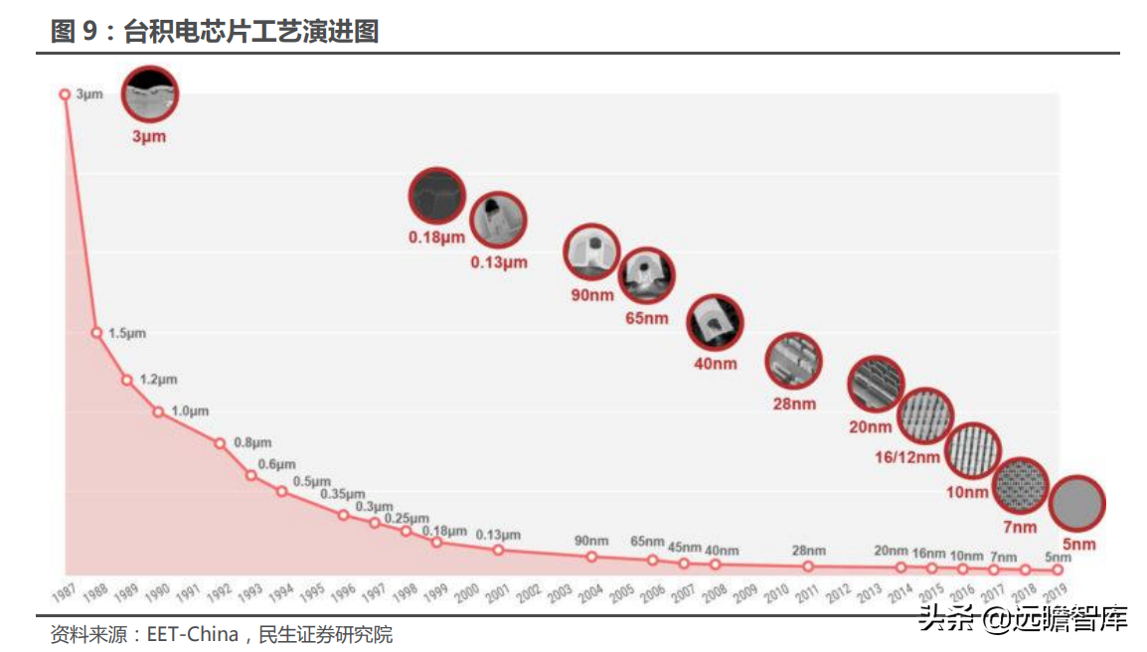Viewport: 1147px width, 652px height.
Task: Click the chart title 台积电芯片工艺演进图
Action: coord(250,32)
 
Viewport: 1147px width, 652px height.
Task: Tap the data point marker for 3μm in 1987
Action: coord(66,94)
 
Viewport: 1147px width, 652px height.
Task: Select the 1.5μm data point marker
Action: coord(96,333)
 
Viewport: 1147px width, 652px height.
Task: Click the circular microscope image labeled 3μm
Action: coord(150,94)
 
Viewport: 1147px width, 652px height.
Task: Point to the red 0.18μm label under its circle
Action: coord(436,238)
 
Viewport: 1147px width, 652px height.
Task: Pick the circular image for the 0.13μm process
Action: coord(498,221)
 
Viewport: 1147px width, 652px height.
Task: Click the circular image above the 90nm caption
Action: coord(592,252)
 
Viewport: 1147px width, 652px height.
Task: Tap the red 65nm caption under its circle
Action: coord(647,318)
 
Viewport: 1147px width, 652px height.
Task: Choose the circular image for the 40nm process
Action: coord(715,323)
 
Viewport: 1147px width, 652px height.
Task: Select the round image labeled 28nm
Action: coord(794,361)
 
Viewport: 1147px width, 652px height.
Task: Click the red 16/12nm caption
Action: coord(907,457)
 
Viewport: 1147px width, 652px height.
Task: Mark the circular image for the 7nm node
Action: coord(1021,486)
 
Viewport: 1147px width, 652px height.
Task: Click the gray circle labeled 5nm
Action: coord(1077,504)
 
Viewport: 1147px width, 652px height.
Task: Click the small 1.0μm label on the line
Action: coord(191,410)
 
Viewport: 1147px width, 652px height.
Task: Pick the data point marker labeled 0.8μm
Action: coord(221,443)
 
